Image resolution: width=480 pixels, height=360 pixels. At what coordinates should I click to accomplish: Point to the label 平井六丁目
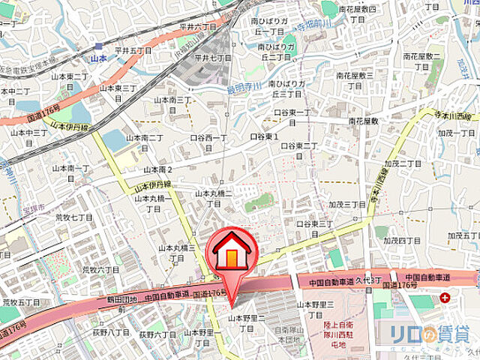click(x=198, y=25)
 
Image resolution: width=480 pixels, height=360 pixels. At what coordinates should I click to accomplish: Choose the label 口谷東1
click(x=265, y=137)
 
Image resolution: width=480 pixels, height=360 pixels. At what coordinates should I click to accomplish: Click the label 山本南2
click(x=159, y=169)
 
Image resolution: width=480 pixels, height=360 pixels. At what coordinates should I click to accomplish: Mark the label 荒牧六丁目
click(x=100, y=268)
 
